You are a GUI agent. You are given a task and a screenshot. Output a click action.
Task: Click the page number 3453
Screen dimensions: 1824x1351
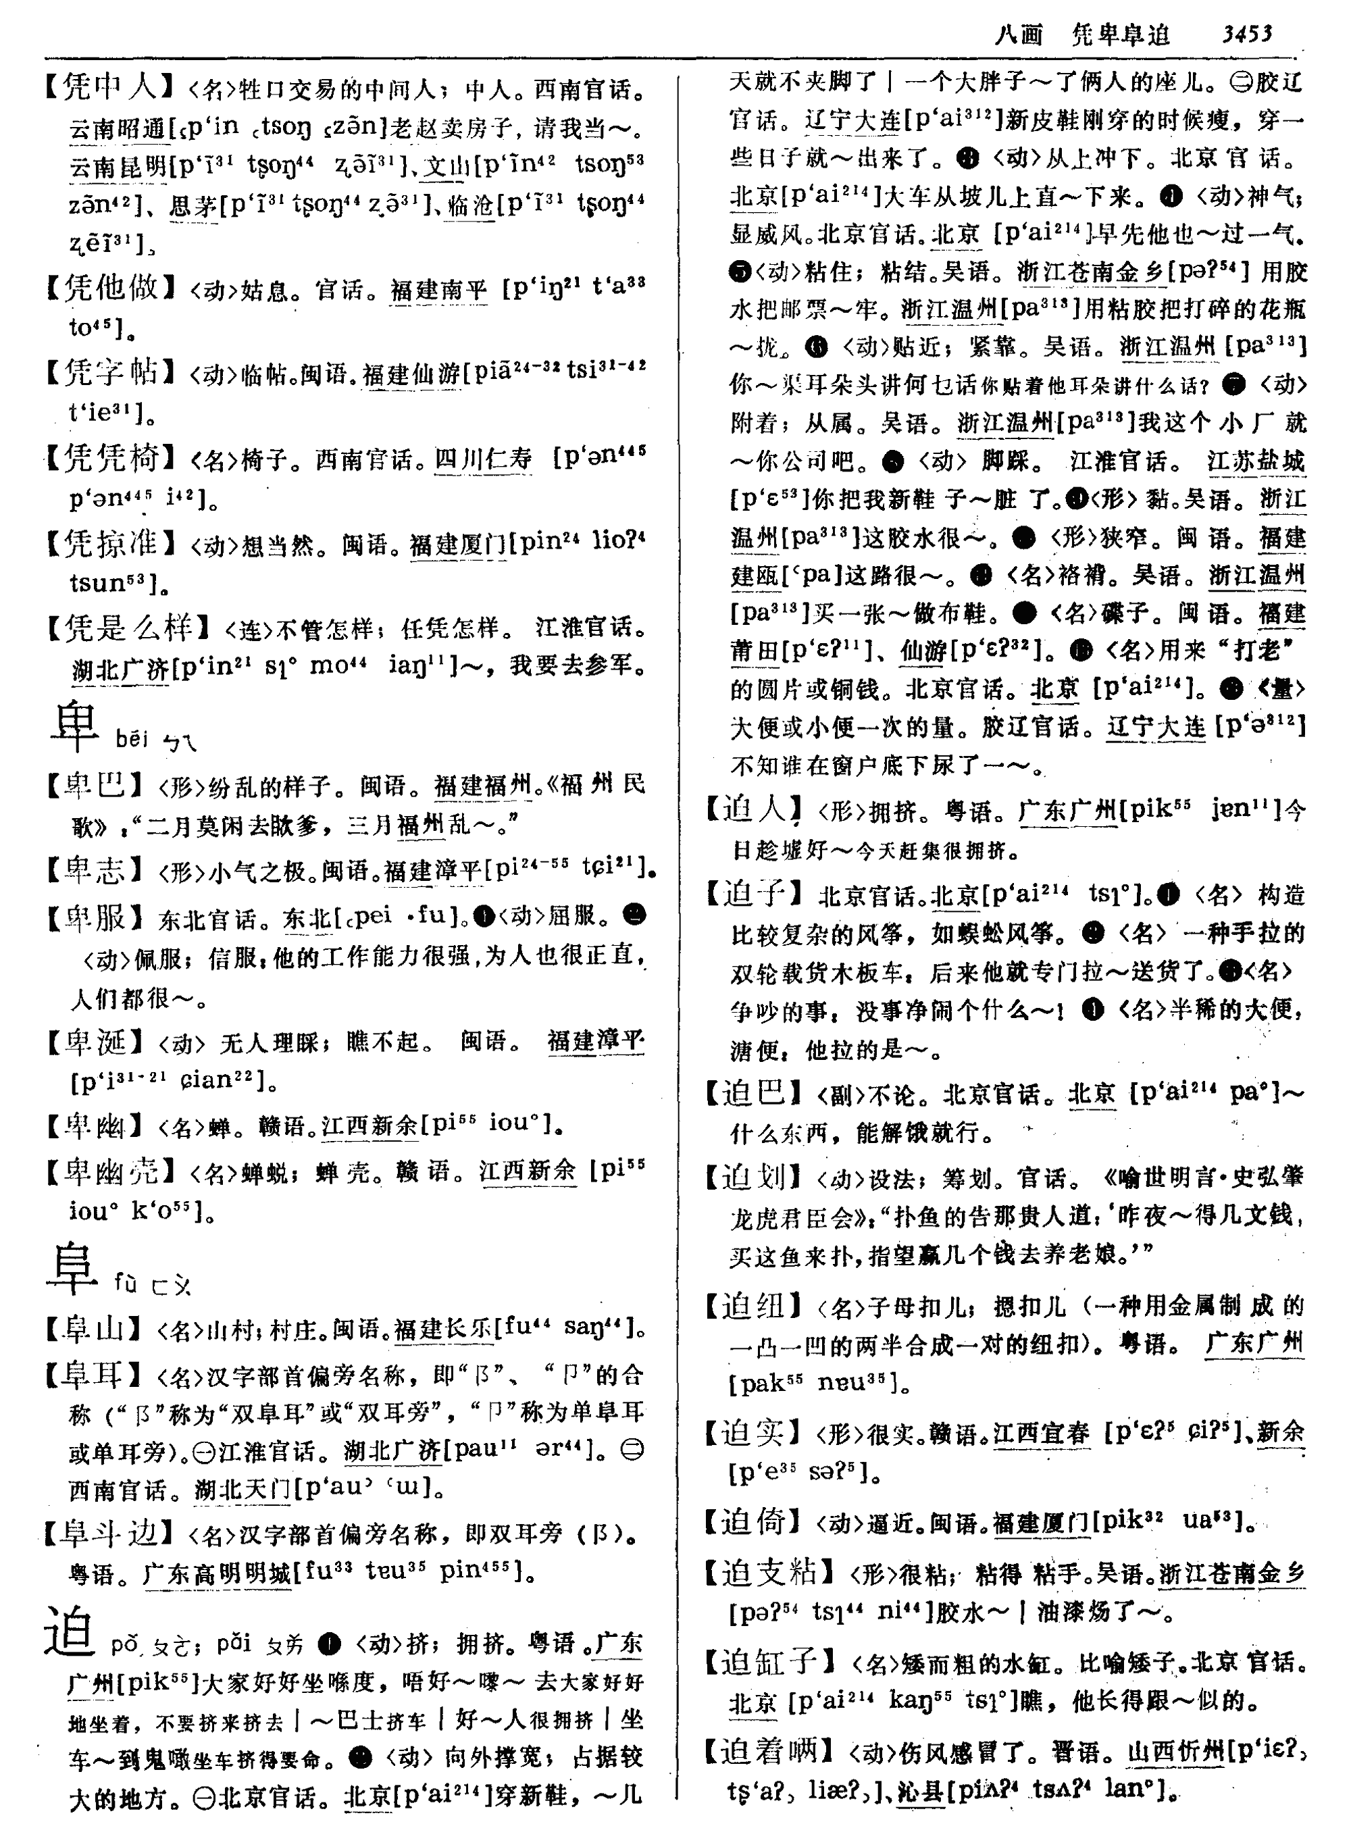tap(1246, 34)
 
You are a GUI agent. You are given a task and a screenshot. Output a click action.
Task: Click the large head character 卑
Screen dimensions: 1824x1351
tap(74, 726)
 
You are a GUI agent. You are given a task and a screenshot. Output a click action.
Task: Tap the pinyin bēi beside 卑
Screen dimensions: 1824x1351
tap(132, 740)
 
